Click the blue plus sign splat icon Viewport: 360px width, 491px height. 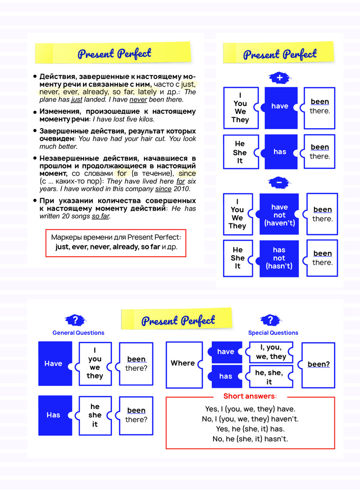[279, 78]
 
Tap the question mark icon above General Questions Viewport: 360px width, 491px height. [75, 320]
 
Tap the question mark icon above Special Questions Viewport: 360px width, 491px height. [270, 320]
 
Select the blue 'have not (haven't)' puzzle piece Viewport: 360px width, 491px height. [279, 215]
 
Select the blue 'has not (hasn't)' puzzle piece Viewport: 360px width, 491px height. [279, 258]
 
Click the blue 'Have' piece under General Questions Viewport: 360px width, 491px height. [54, 363]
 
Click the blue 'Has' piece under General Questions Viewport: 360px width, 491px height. [54, 415]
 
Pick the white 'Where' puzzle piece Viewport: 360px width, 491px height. [183, 363]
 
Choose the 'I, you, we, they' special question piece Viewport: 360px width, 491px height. [271, 352]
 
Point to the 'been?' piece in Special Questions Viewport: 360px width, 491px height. [318, 364]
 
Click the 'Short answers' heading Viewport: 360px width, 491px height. [250, 396]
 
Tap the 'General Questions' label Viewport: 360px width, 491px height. [79, 333]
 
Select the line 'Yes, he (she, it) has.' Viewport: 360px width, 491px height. [250, 429]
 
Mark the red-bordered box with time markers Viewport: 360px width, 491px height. [116, 242]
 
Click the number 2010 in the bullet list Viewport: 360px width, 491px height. [182, 189]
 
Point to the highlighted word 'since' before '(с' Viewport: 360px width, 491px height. [187, 173]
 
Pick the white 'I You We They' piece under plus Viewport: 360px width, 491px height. [240, 108]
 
